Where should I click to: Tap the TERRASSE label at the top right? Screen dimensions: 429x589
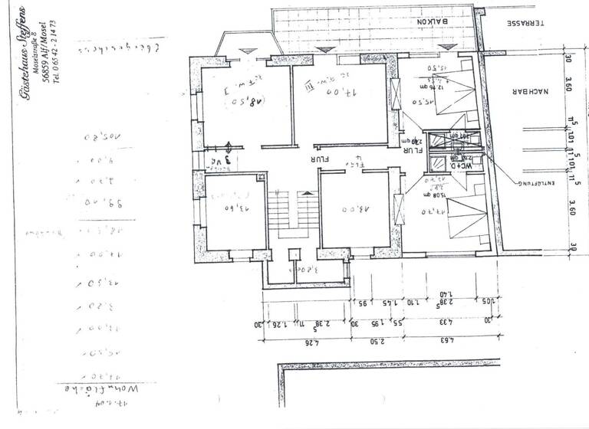pos(525,23)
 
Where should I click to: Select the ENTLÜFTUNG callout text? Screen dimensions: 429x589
pos(535,184)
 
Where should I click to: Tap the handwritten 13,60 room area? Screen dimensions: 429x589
pos(231,208)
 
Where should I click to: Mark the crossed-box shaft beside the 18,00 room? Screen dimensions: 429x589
pos(398,206)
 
